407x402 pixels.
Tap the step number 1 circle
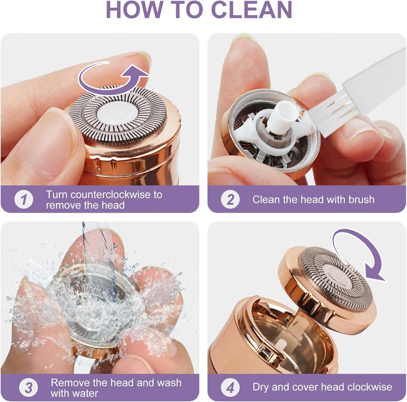24,200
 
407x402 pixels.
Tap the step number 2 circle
230,200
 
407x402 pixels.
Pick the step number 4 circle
230,387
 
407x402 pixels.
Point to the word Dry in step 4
262,387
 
